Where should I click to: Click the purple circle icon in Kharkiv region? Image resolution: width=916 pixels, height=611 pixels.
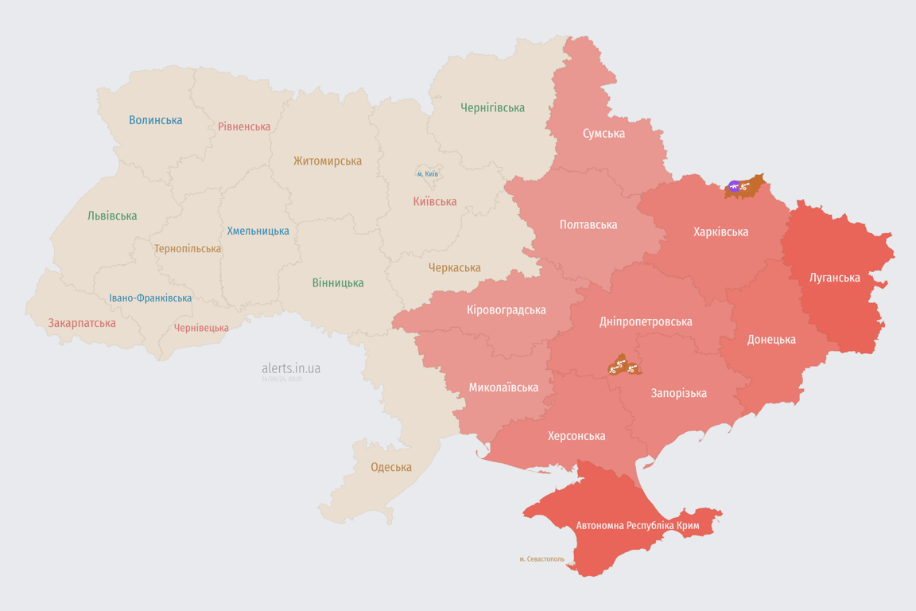[733, 187]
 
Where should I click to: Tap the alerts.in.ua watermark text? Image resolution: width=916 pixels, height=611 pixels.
[291, 368]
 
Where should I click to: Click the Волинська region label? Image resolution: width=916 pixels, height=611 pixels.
[156, 120]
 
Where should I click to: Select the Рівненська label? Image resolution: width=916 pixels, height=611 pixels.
[244, 126]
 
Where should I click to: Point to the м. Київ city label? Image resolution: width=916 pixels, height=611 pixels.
[427, 173]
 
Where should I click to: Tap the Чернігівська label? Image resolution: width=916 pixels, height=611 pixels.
[492, 107]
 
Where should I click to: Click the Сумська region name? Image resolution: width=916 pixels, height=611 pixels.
[604, 133]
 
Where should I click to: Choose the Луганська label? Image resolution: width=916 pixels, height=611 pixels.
[834, 278]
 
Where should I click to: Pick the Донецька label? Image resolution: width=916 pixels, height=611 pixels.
[770, 339]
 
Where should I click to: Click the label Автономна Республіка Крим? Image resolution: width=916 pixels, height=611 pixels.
[637, 526]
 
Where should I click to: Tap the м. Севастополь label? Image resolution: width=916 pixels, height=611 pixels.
[541, 559]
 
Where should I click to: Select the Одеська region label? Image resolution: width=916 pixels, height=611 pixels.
[391, 467]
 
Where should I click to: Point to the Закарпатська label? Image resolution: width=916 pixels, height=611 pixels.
[82, 323]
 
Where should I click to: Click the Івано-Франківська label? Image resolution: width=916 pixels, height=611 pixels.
[150, 298]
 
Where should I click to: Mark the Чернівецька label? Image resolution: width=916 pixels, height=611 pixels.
[201, 328]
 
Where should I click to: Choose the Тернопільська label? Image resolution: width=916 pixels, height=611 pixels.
[188, 248]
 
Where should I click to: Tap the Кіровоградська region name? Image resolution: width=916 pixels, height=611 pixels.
[507, 309]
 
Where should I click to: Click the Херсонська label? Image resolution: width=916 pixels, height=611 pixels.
[576, 436]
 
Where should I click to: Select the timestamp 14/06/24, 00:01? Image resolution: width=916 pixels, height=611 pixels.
[281, 379]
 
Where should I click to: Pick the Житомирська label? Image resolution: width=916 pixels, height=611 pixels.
[327, 161]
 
